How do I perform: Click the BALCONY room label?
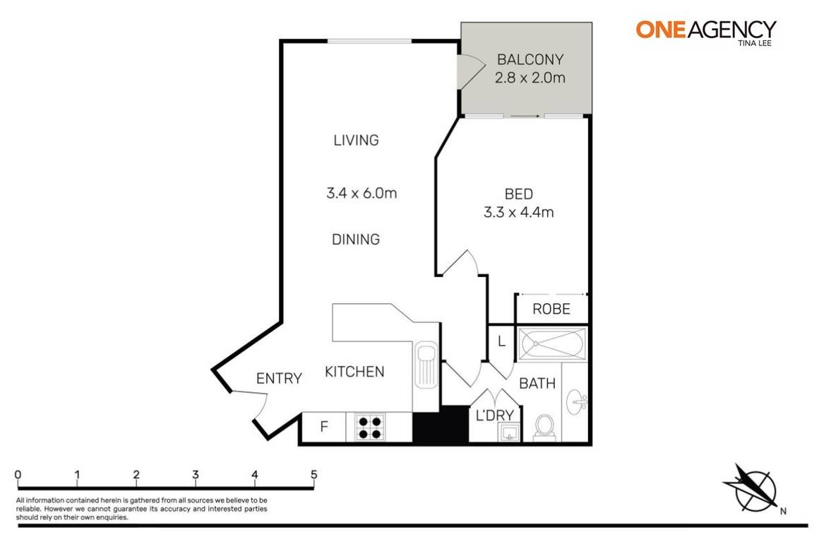tap(530, 59)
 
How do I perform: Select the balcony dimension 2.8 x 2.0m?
tap(530, 78)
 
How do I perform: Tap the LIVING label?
tap(356, 140)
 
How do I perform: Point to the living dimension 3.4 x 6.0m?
tap(361, 192)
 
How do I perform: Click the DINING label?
tap(356, 240)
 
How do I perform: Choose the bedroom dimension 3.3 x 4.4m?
tap(518, 211)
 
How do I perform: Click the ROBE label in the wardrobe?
tap(551, 309)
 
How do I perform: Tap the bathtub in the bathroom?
tap(551, 343)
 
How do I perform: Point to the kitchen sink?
tap(426, 365)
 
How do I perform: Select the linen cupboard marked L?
tap(501, 341)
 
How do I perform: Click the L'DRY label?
tap(494, 415)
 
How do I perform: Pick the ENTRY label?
tap(279, 379)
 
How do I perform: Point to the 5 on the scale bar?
tap(313, 474)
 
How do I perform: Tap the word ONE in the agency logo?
tap(659, 29)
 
